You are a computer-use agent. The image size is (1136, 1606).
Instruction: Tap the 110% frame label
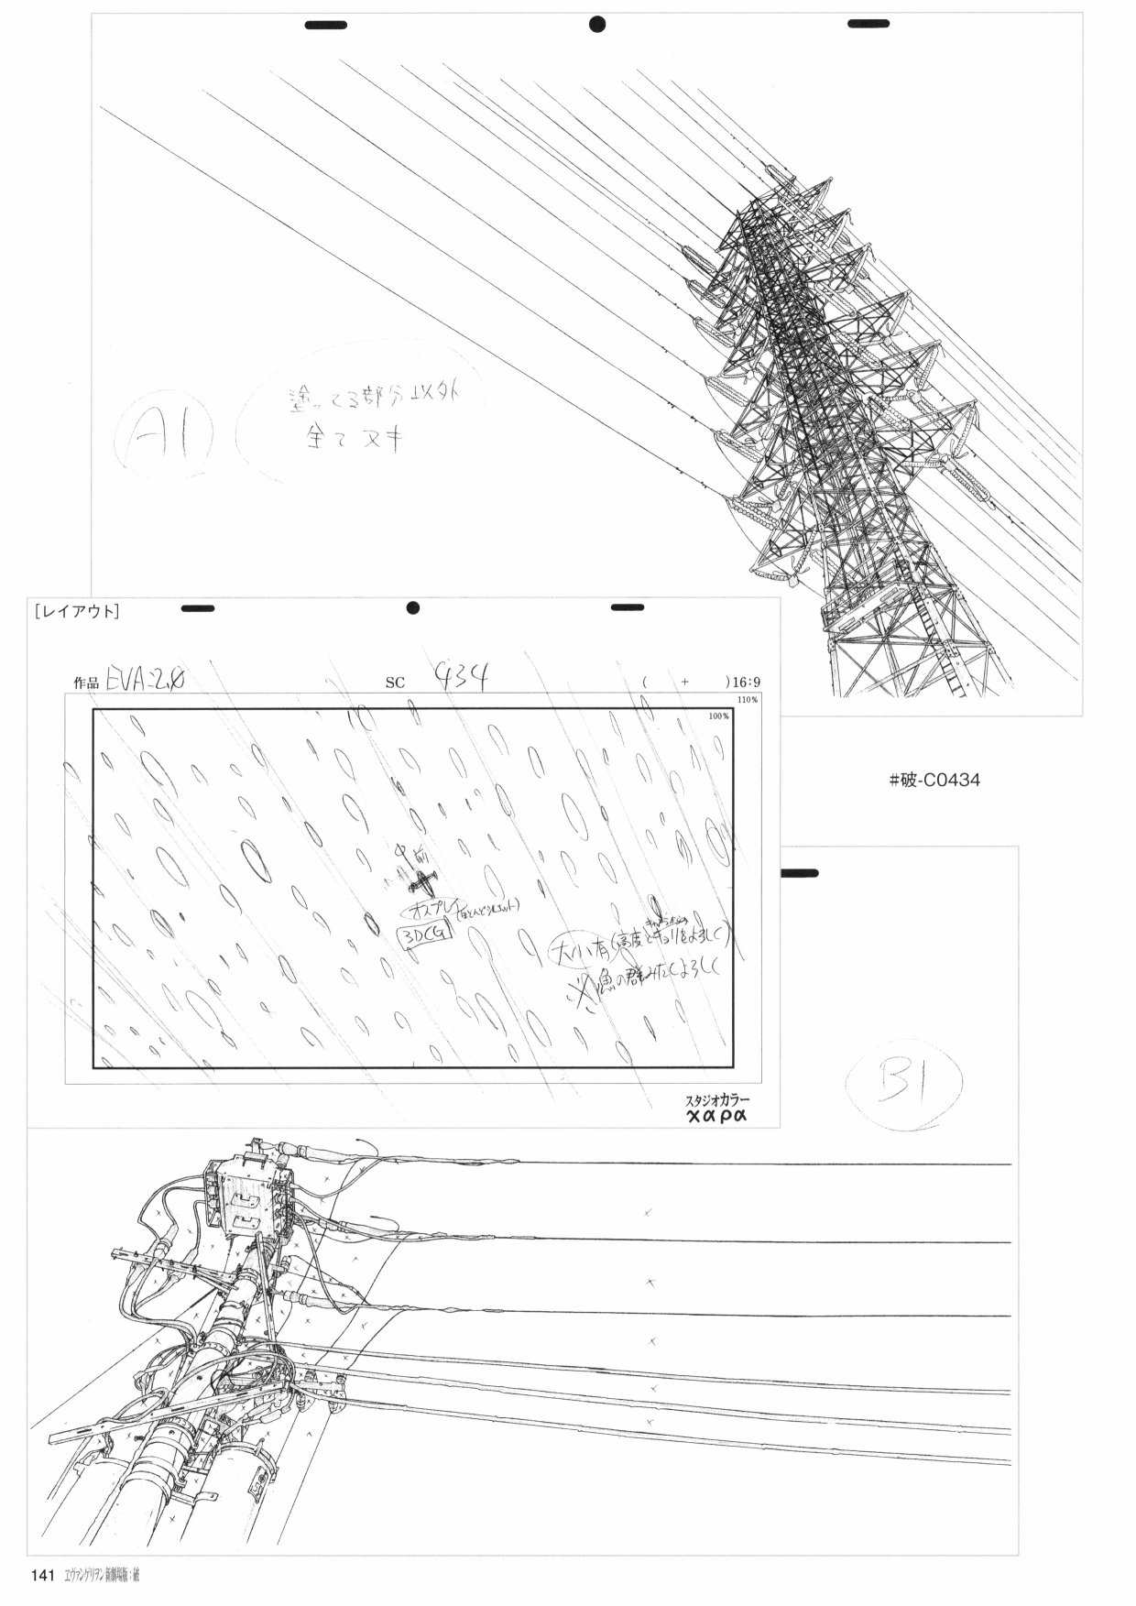point(748,700)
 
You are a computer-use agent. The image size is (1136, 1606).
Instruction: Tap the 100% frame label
point(718,716)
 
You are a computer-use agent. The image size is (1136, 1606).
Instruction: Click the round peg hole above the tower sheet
point(597,25)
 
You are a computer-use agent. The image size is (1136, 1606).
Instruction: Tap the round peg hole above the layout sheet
point(412,607)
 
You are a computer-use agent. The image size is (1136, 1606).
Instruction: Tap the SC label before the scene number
point(395,683)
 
